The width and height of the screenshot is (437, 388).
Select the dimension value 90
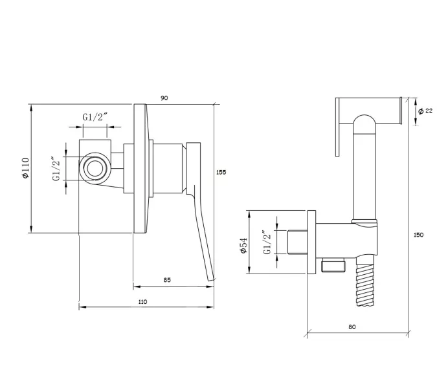(x=164, y=98)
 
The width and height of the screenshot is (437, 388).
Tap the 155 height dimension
(x=221, y=172)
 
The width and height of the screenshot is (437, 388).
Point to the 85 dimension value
(x=167, y=280)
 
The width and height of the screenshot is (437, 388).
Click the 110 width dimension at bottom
(x=142, y=302)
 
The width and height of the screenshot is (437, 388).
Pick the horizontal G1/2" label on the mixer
(x=95, y=117)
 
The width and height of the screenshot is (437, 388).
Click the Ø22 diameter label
(x=425, y=111)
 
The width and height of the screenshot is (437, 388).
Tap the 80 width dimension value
(x=352, y=327)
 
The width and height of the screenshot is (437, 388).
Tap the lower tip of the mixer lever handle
(x=210, y=277)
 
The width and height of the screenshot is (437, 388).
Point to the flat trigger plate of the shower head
(x=338, y=127)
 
